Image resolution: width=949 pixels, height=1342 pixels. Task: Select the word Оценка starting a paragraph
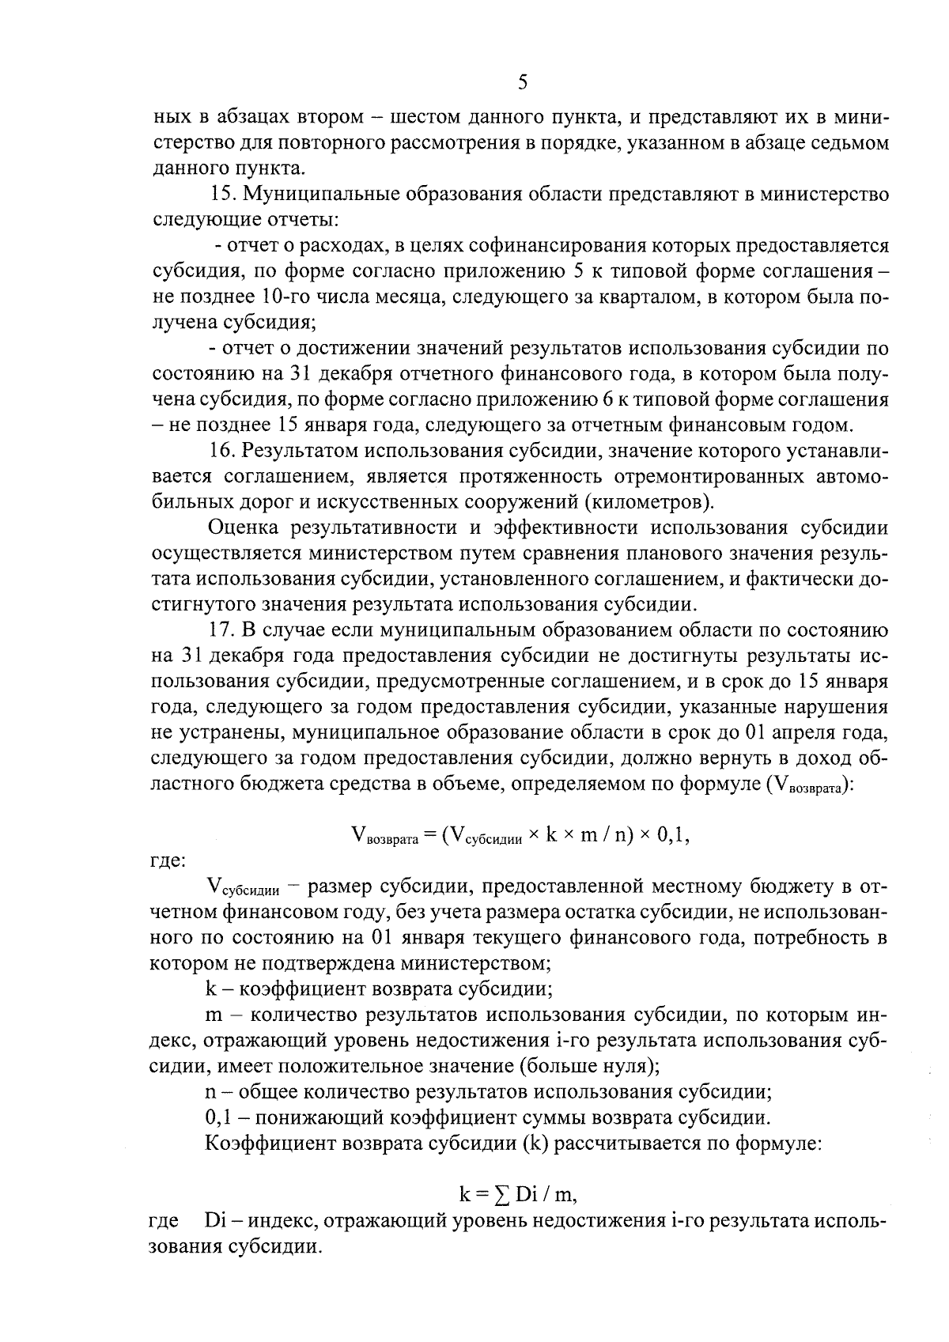point(240,528)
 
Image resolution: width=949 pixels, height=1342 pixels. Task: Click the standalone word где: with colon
point(167,860)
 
